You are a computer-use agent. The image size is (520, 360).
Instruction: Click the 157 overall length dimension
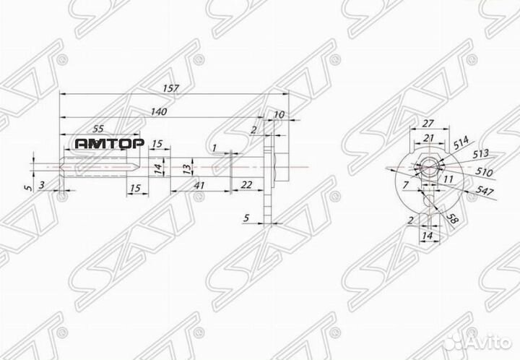171,88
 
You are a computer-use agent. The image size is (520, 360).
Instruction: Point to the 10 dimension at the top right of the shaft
279,115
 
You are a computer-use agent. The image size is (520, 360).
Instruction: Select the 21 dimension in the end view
428,138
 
